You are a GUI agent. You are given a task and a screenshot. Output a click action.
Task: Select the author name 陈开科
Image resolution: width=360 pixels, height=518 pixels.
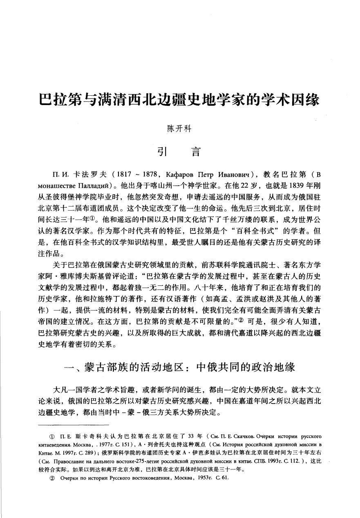point(179,128)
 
